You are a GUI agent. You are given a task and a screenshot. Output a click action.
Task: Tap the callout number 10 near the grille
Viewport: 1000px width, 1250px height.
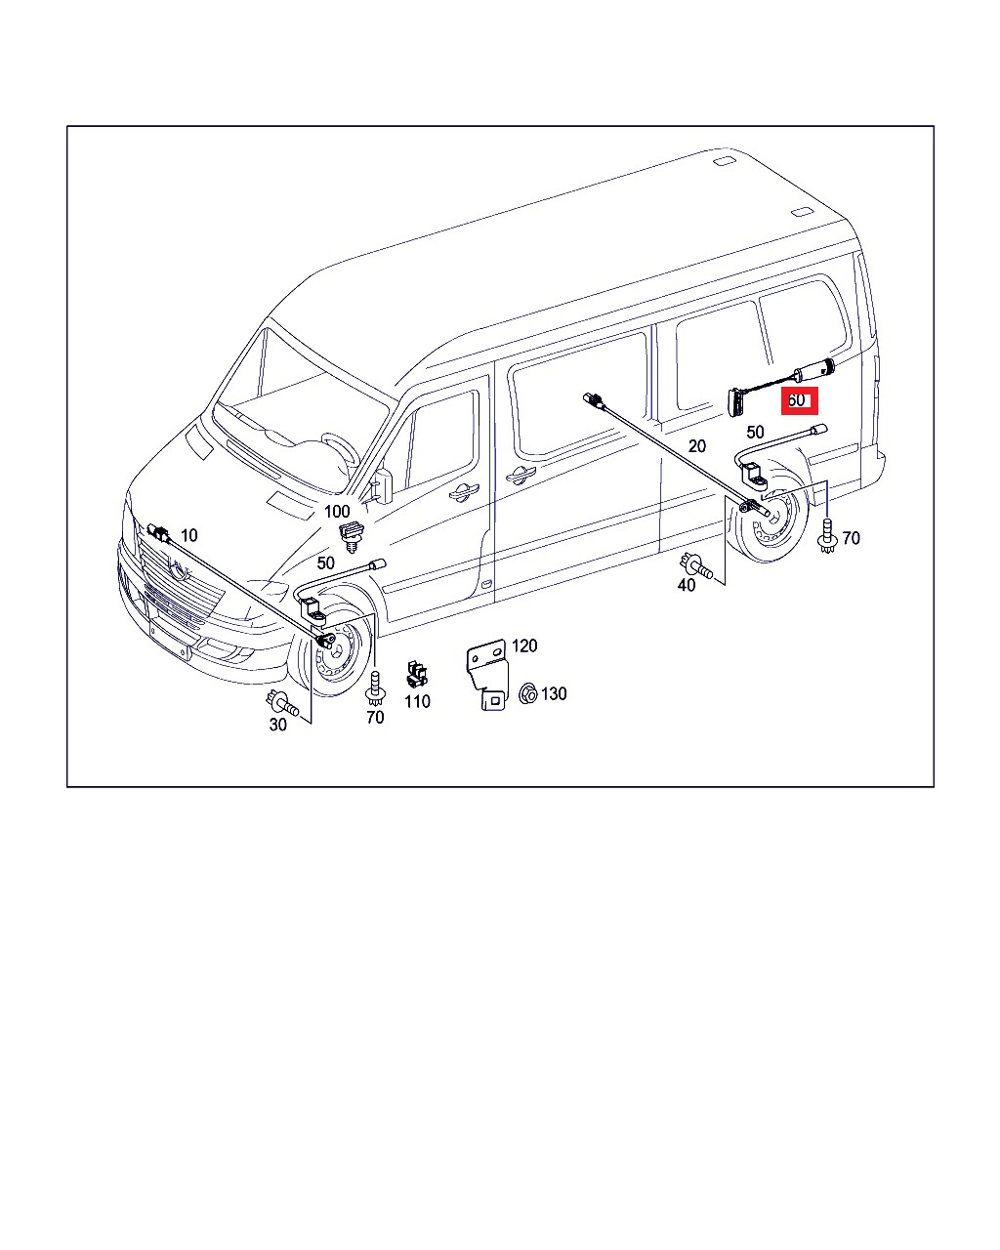(189, 535)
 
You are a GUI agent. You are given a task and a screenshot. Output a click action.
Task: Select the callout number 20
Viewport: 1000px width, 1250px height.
(696, 446)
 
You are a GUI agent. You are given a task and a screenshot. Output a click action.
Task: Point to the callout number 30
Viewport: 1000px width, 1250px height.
(277, 725)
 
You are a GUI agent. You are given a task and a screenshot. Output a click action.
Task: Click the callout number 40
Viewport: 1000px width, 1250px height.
(687, 585)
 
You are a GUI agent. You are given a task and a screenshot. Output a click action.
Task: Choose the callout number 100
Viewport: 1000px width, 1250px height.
(337, 511)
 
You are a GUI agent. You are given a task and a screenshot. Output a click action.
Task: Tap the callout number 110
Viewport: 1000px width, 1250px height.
(417, 702)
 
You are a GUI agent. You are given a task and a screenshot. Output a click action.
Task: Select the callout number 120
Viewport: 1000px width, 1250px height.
(524, 646)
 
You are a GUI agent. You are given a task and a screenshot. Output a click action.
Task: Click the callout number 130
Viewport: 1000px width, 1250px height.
(554, 693)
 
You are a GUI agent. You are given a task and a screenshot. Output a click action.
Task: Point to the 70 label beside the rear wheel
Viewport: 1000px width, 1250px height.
(851, 538)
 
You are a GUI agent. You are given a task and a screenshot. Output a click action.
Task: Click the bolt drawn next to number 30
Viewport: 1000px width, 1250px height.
(282, 703)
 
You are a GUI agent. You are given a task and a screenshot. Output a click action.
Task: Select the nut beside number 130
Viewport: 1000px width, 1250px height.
(527, 693)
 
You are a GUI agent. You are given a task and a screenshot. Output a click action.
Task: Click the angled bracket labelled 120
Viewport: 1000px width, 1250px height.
(487, 674)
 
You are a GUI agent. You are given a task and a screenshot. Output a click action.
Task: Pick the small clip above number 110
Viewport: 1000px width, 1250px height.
(417, 674)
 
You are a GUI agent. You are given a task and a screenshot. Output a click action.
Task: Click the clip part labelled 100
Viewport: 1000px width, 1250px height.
(351, 535)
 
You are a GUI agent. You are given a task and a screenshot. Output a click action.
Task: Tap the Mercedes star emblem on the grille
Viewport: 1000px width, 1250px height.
(179, 568)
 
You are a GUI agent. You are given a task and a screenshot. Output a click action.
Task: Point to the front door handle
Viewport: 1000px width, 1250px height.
(463, 491)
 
